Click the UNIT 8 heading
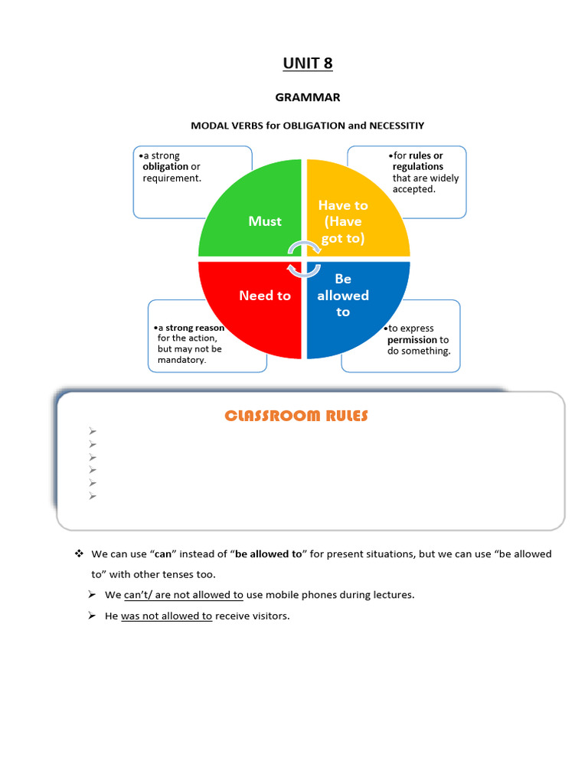308,64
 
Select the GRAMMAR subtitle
308,98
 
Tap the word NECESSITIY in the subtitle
397,126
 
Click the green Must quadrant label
265,221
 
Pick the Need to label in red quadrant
265,296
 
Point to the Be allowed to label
343,296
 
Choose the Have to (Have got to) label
343,221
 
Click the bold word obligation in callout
165,167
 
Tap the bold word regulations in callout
418,167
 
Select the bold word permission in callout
412,340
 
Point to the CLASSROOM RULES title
296,416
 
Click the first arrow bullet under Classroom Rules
93,431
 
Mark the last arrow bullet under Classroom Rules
93,496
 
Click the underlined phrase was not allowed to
166,616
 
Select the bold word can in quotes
162,554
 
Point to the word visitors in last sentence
269,616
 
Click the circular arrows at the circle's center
304,258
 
